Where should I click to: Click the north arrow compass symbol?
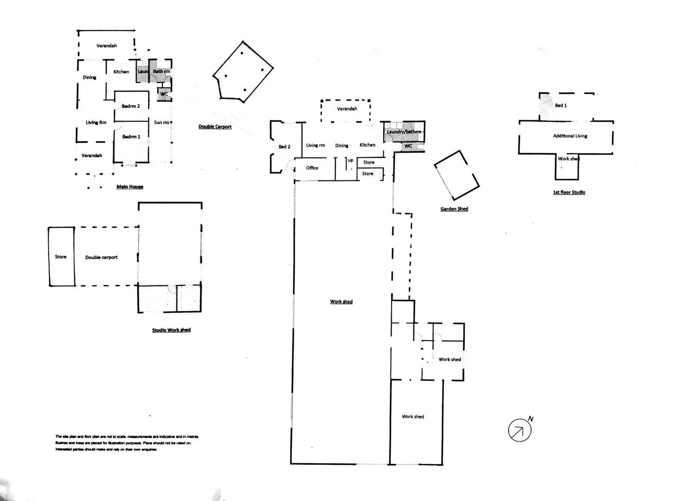pyautogui.click(x=520, y=430)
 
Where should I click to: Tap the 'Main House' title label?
pyautogui.click(x=130, y=186)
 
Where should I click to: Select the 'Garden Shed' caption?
pyautogui.click(x=454, y=209)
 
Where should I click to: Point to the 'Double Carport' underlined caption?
pyautogui.click(x=215, y=127)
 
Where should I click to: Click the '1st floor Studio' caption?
pyautogui.click(x=569, y=192)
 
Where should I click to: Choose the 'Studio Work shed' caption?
pyautogui.click(x=171, y=330)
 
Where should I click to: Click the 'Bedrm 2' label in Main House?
pyautogui.click(x=131, y=106)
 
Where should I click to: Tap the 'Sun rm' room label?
pyautogui.click(x=161, y=122)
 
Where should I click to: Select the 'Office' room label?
pyautogui.click(x=312, y=168)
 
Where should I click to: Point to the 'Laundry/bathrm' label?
pyautogui.click(x=404, y=132)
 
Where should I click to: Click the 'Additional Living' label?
pyautogui.click(x=570, y=136)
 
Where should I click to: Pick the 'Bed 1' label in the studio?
pyautogui.click(x=561, y=105)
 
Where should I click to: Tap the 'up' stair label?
pyautogui.click(x=351, y=161)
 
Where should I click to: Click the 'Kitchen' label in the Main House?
pyautogui.click(x=121, y=71)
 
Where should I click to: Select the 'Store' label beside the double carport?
pyautogui.click(x=61, y=257)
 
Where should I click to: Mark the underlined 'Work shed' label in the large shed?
pyautogui.click(x=342, y=302)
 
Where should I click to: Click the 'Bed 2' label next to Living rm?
pyautogui.click(x=284, y=147)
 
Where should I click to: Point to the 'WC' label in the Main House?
pyautogui.click(x=164, y=94)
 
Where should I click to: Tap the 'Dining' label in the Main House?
pyautogui.click(x=90, y=77)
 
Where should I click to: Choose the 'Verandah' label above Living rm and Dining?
pyautogui.click(x=347, y=109)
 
